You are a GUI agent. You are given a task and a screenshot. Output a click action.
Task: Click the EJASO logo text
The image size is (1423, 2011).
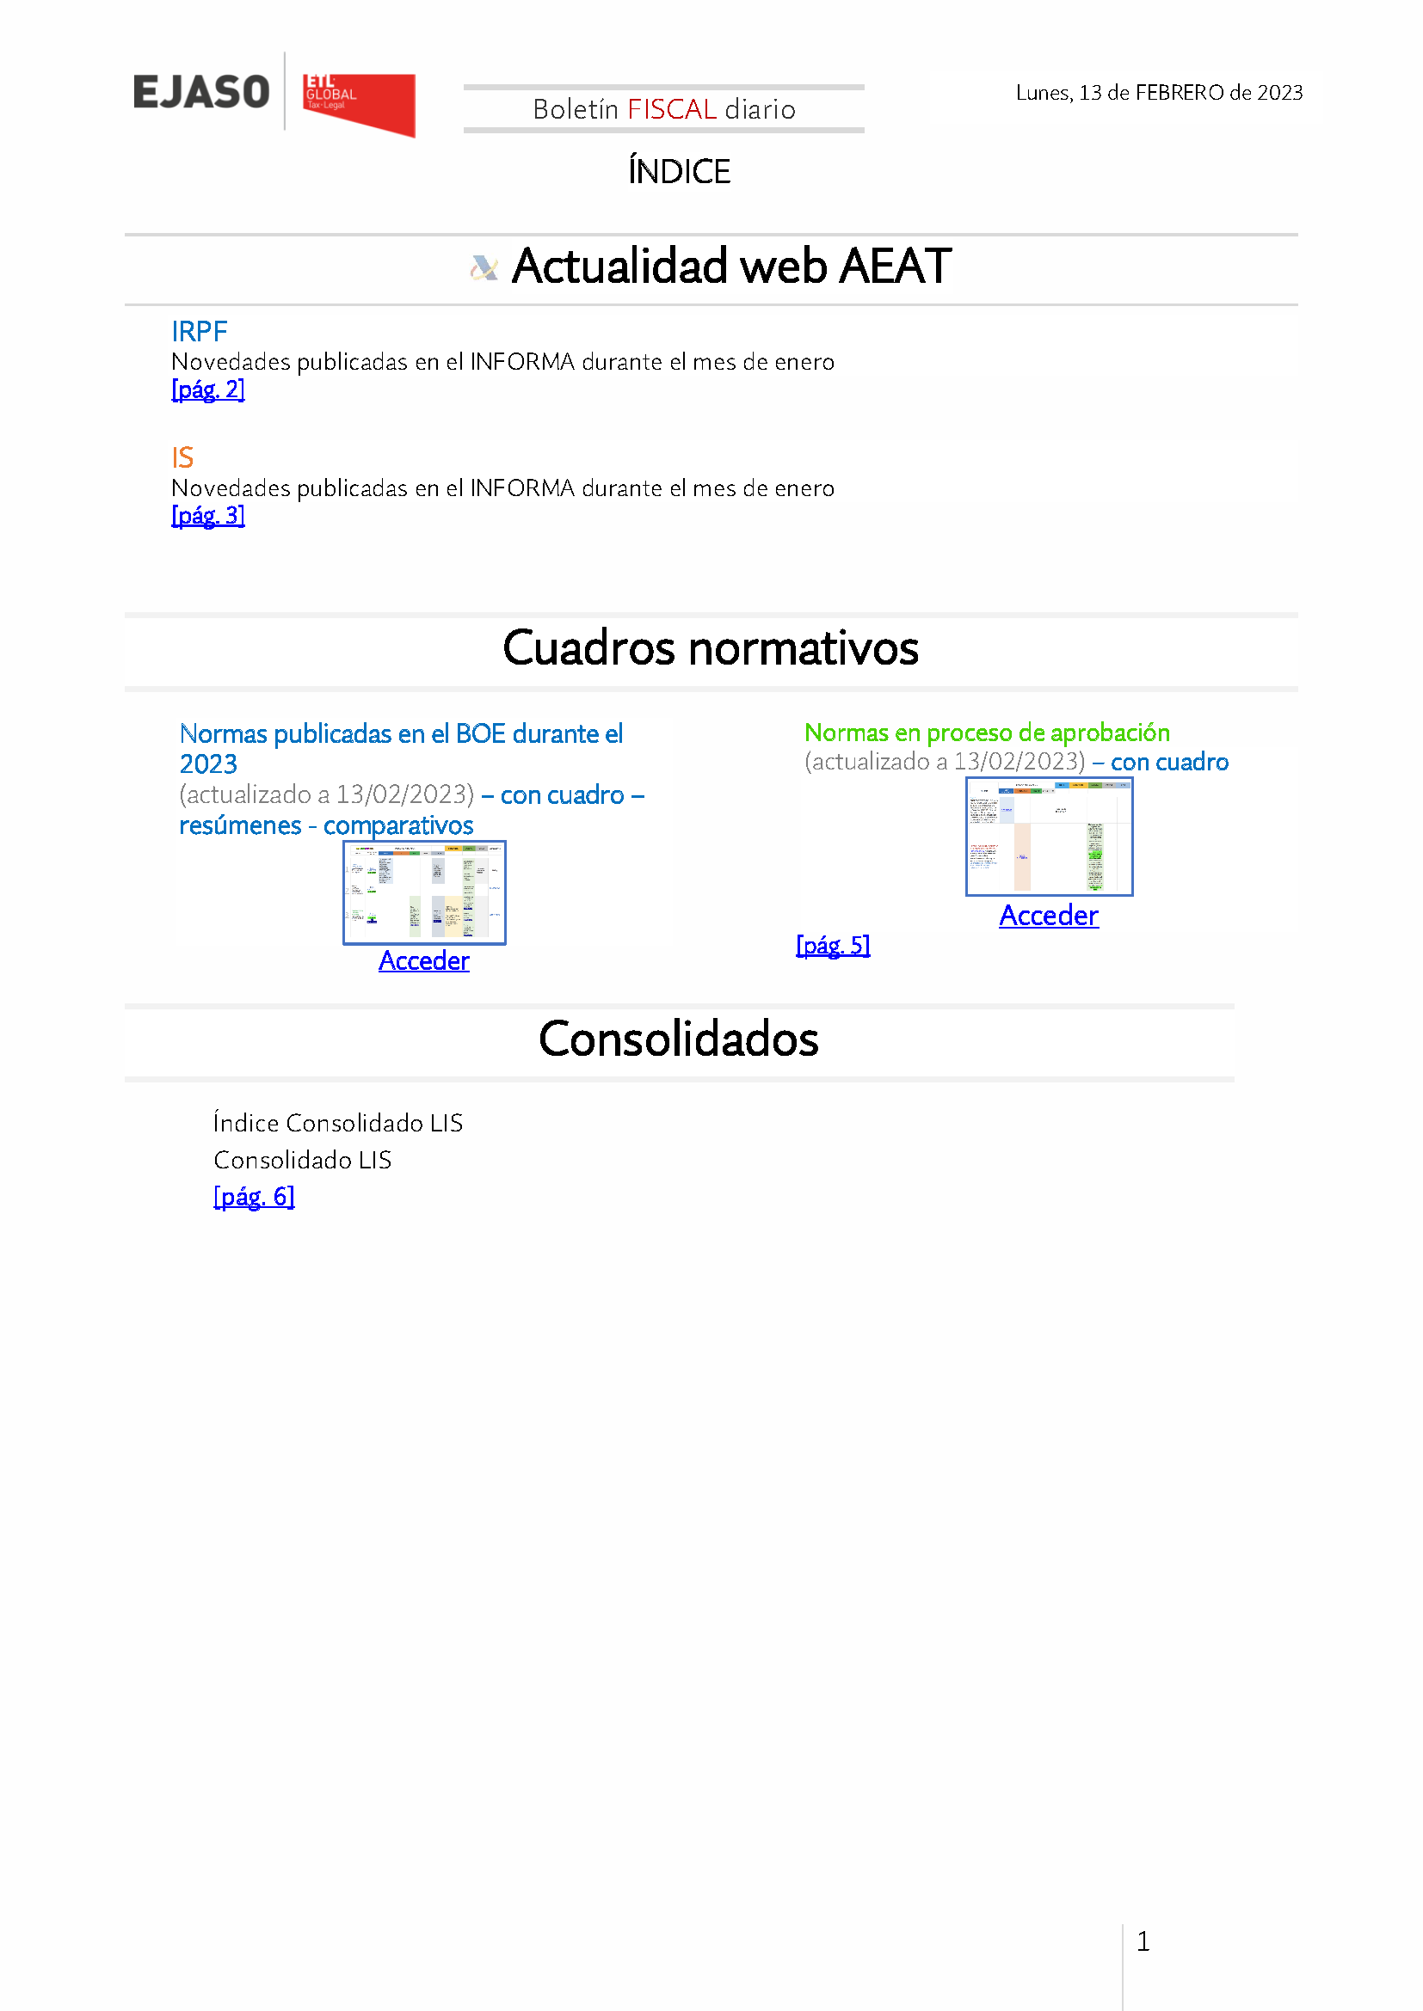pyautogui.click(x=200, y=92)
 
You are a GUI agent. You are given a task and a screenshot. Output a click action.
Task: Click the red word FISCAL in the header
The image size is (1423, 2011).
pyautogui.click(x=672, y=109)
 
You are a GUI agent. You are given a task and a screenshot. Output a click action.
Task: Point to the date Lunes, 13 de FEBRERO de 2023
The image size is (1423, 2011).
pyautogui.click(x=1158, y=93)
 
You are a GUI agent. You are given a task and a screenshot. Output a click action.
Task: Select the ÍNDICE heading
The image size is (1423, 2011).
pyautogui.click(x=679, y=172)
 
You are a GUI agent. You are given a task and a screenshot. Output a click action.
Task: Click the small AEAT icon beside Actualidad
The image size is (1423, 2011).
pyautogui.click(x=484, y=267)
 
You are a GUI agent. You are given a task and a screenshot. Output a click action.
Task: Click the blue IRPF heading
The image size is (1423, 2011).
pyautogui.click(x=199, y=332)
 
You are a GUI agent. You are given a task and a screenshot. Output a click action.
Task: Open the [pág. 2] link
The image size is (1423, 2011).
pyautogui.click(x=207, y=389)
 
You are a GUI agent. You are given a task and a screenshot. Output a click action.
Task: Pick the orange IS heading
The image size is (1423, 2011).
pyautogui.click(x=182, y=457)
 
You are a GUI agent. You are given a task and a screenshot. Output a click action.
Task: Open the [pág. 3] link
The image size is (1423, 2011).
pyautogui.click(x=207, y=516)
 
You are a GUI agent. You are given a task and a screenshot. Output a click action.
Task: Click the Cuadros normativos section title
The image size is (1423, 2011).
pyautogui.click(x=711, y=649)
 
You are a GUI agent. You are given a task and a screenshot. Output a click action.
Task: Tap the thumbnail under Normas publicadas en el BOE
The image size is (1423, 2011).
pyautogui.click(x=424, y=892)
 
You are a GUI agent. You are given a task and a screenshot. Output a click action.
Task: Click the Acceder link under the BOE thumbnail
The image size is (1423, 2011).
pyautogui.click(x=424, y=961)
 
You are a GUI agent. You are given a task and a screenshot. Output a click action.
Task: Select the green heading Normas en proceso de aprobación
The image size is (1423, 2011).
pyautogui.click(x=987, y=733)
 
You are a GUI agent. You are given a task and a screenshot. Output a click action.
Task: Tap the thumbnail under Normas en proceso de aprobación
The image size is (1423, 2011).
pyautogui.click(x=1049, y=837)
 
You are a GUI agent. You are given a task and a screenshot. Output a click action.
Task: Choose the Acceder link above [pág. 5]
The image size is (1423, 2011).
pyautogui.click(x=1049, y=916)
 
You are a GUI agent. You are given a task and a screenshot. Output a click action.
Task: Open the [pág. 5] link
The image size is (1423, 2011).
pyautogui.click(x=833, y=946)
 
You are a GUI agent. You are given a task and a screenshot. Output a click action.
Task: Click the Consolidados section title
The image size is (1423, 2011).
pyautogui.click(x=678, y=1039)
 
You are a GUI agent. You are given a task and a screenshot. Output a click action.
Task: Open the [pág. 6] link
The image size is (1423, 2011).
pyautogui.click(x=254, y=1197)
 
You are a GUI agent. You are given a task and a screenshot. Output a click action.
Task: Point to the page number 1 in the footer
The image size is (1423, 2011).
pyautogui.click(x=1143, y=1942)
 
